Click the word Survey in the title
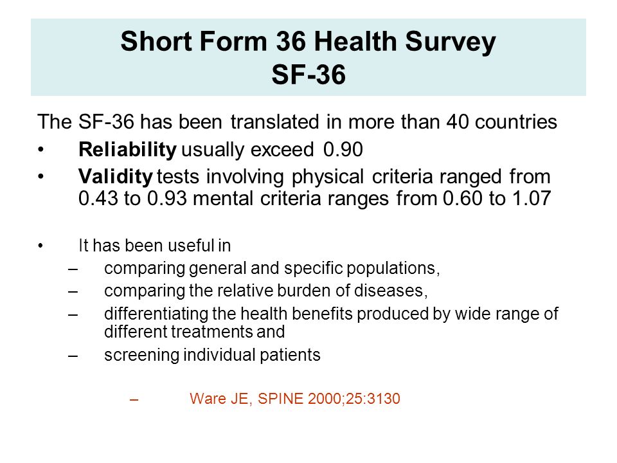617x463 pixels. coord(450,42)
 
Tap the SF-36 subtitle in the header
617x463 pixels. coord(308,75)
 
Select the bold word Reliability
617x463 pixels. coord(127,150)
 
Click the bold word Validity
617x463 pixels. coord(115,177)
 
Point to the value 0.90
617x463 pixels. coord(343,150)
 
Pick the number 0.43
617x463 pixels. coord(98,198)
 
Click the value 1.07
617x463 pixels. coord(532,198)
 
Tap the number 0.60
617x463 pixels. coord(463,198)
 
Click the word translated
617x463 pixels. coord(274,122)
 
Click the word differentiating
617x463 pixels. coord(156,314)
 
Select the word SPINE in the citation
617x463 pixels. coord(281,399)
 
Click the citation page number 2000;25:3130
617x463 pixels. coord(354,399)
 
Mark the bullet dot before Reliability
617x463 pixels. coord(41,150)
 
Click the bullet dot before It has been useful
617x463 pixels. coord(40,246)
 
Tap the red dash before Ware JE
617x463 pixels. coord(134,399)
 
